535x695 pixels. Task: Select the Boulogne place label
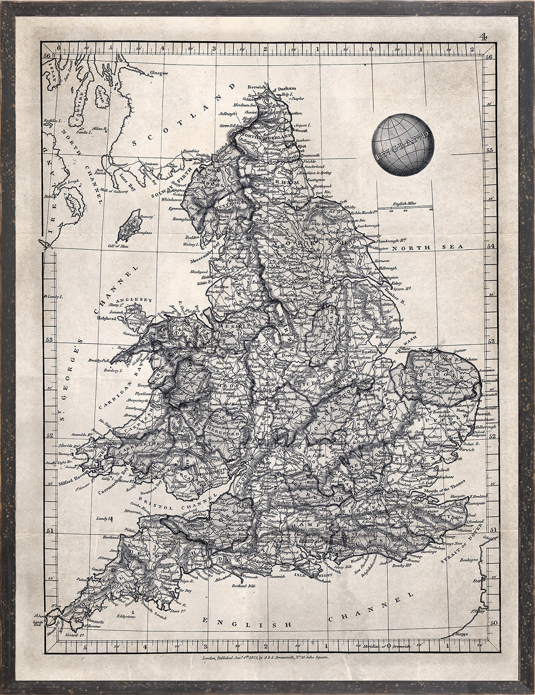[469, 560]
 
